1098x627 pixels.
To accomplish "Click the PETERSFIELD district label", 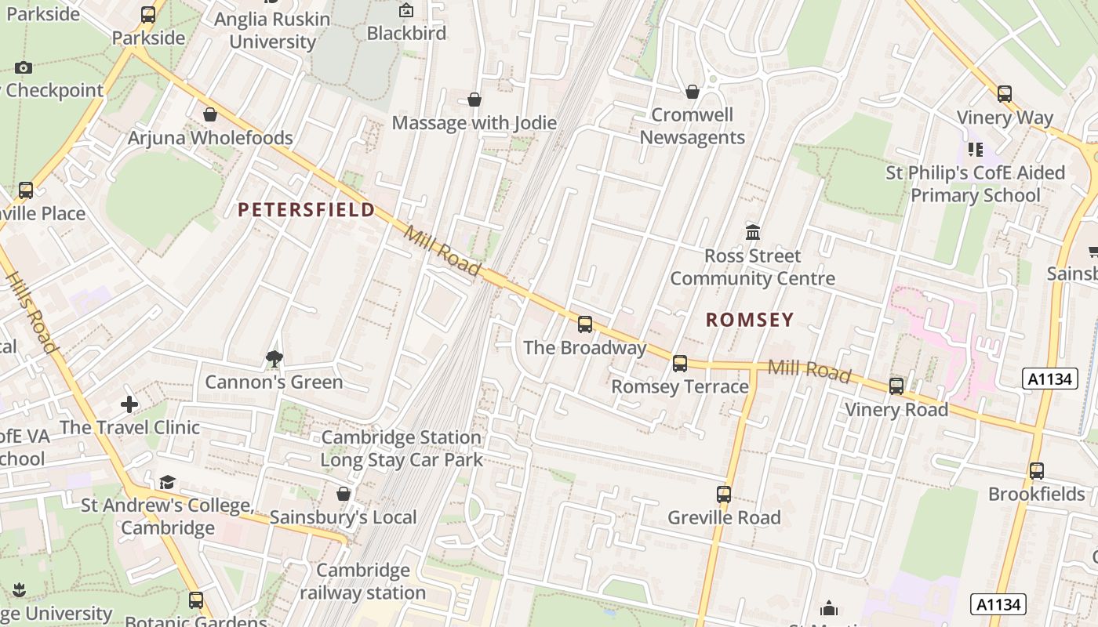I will pyautogui.click(x=307, y=210).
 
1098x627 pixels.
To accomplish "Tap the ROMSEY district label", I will pyautogui.click(x=750, y=320).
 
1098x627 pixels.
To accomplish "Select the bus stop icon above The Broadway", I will pyautogui.click(x=585, y=324).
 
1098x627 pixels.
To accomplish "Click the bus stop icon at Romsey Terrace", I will pyautogui.click(x=680, y=364).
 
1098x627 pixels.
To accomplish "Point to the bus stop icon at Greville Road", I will pyautogui.click(x=724, y=495).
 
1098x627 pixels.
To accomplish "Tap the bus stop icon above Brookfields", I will pyautogui.click(x=1037, y=471).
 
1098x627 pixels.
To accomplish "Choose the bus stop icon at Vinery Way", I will pyautogui.click(x=1005, y=94).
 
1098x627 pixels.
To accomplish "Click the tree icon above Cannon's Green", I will pyautogui.click(x=274, y=359).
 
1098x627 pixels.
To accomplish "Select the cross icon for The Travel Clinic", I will pyautogui.click(x=130, y=404).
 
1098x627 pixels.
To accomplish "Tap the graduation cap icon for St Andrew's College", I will pyautogui.click(x=167, y=482).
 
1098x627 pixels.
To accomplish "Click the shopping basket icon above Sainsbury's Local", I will pyautogui.click(x=344, y=494).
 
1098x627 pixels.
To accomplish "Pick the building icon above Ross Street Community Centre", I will pyautogui.click(x=753, y=232).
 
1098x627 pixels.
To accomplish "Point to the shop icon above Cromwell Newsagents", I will pyautogui.click(x=693, y=92).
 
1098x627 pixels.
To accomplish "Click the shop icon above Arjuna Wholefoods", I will pyautogui.click(x=210, y=114).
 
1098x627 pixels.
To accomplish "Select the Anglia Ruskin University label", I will pyautogui.click(x=272, y=30).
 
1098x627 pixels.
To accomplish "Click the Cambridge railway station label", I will pyautogui.click(x=362, y=581).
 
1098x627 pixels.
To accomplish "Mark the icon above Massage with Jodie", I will pyautogui.click(x=474, y=100).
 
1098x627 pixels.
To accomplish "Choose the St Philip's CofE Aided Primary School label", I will pyautogui.click(x=975, y=183).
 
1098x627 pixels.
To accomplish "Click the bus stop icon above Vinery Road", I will pyautogui.click(x=896, y=386).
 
